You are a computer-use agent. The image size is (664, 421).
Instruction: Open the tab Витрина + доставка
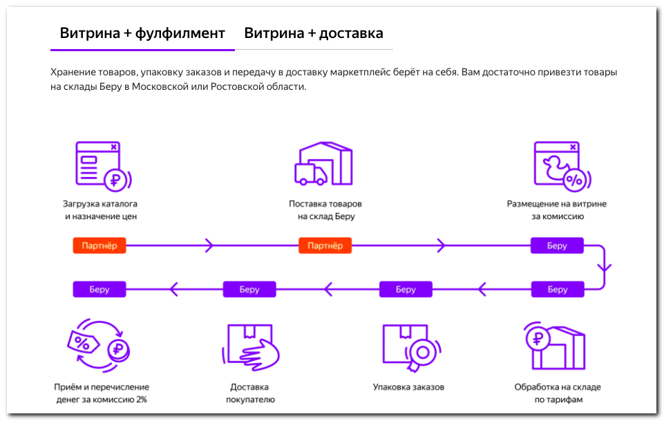(x=314, y=33)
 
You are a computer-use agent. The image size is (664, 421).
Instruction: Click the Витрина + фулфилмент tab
(x=142, y=33)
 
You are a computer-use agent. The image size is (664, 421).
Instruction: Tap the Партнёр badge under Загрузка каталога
(x=99, y=246)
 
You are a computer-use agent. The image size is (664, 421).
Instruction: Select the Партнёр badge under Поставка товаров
(x=325, y=246)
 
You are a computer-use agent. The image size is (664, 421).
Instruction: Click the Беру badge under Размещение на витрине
(x=557, y=246)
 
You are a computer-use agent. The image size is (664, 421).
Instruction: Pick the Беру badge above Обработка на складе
(x=557, y=289)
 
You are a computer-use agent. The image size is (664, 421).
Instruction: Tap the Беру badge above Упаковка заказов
(x=406, y=289)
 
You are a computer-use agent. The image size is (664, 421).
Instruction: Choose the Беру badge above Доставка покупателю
(x=249, y=289)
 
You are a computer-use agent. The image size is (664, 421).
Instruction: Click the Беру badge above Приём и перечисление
(x=99, y=289)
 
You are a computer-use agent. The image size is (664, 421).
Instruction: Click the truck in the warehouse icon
(x=310, y=174)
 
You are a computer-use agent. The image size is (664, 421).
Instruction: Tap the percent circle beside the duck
(x=573, y=180)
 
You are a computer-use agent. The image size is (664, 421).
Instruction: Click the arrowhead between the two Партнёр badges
(x=209, y=246)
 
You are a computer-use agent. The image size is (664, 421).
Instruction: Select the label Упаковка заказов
(x=408, y=387)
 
